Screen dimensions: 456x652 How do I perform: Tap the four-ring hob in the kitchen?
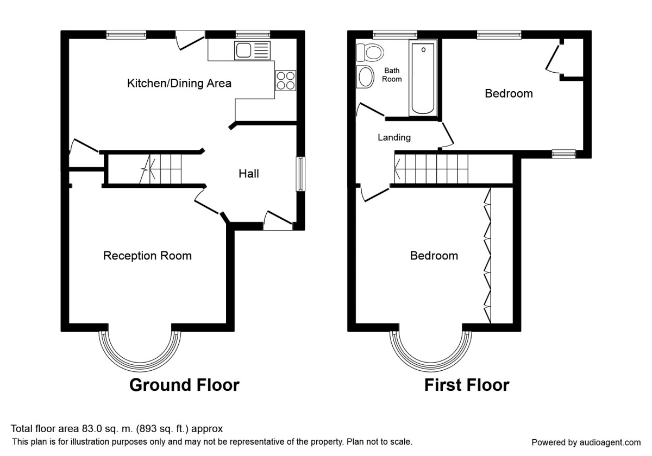(286, 80)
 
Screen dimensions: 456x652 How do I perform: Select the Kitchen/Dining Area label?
(179, 84)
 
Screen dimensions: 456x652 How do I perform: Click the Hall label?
(249, 174)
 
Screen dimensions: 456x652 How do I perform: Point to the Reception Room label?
(147, 256)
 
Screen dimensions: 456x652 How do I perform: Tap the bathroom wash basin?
(365, 77)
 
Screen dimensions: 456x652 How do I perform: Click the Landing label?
(394, 138)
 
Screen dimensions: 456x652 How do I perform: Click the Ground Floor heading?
(184, 385)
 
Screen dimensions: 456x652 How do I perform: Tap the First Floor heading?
(466, 385)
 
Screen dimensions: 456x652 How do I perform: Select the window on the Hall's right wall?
(299, 174)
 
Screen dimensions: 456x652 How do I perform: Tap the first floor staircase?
(432, 169)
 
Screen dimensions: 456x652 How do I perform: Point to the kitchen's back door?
(190, 41)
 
